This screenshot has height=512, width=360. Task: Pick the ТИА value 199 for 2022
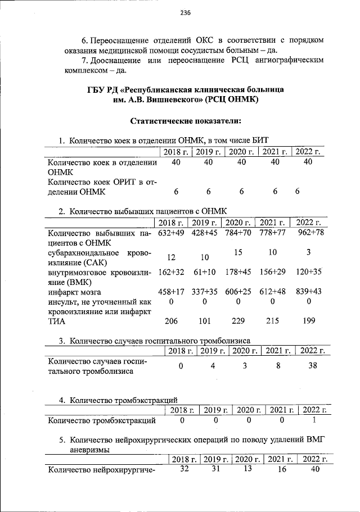[x=308, y=321]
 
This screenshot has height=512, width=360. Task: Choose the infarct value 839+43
[x=309, y=292]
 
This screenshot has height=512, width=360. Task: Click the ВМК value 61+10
[x=205, y=273]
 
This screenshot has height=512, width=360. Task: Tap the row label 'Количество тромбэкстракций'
[x=102, y=420]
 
